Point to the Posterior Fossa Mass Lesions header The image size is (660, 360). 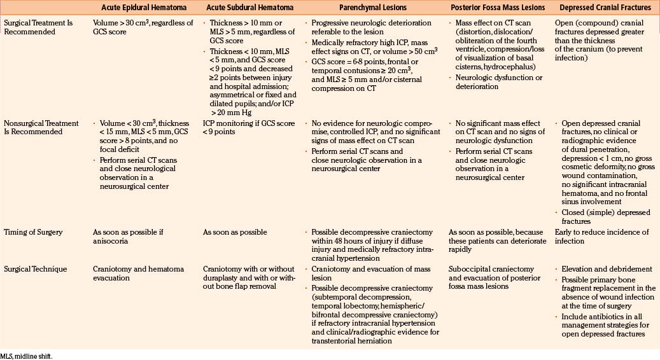497,8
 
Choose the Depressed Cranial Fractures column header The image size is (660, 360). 605,8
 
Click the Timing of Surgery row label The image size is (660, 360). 33,232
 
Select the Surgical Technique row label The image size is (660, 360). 36,269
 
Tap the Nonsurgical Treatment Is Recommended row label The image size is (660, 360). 41,127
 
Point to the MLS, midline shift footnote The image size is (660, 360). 27,356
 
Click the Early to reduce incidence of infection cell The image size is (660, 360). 600,236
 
